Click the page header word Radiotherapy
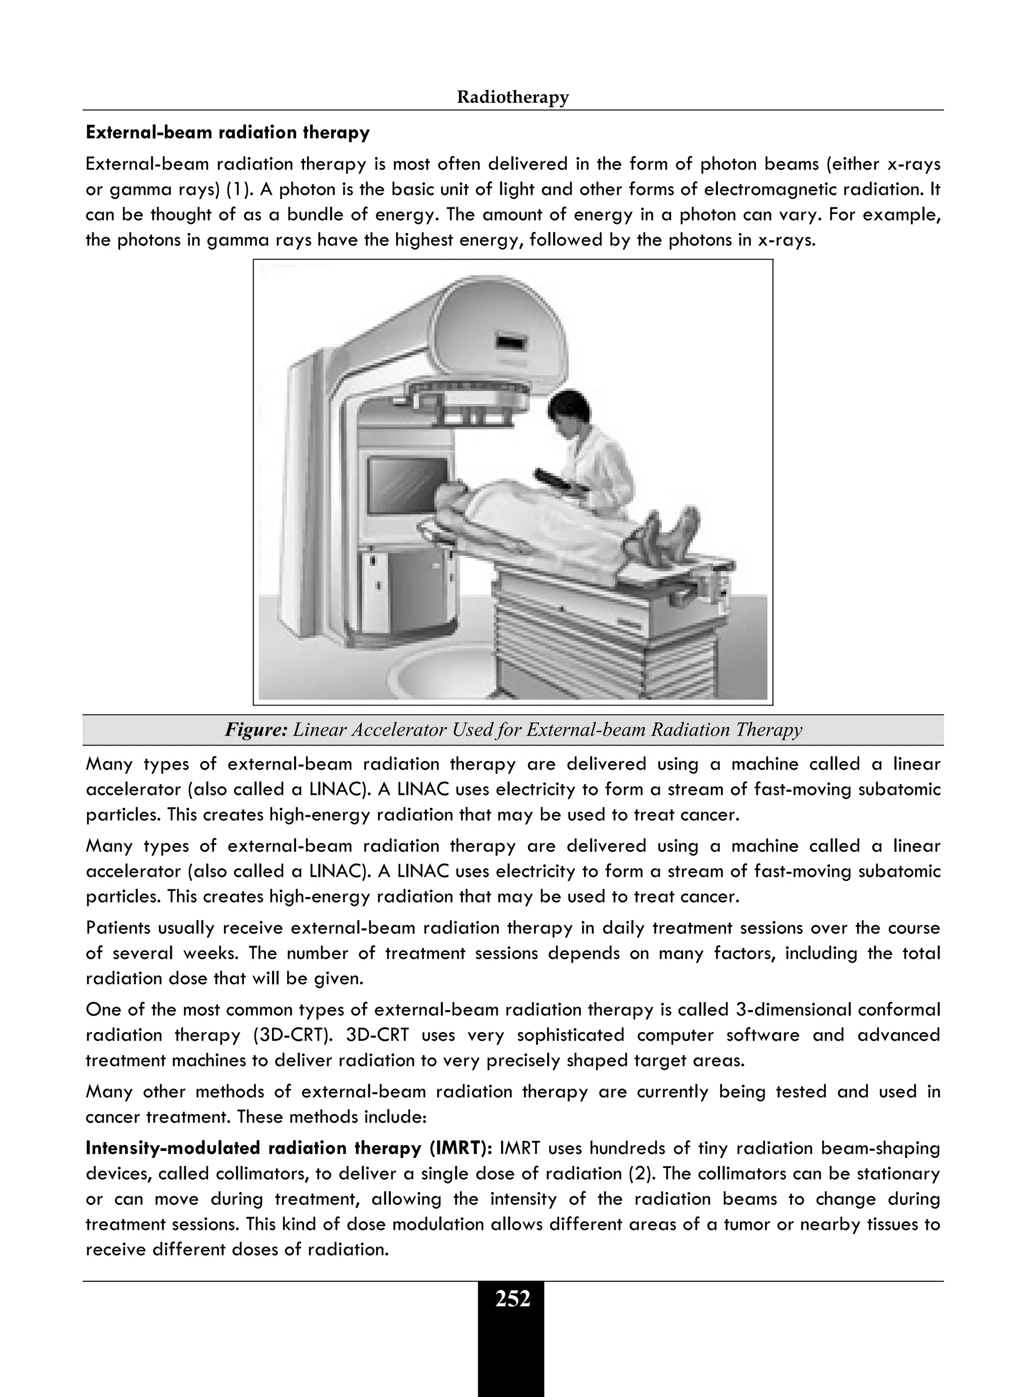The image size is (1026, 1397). coord(512,98)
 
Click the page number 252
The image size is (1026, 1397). coord(512,1299)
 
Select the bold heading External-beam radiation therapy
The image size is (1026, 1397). coord(227,132)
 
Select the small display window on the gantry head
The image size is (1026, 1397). coord(511,342)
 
